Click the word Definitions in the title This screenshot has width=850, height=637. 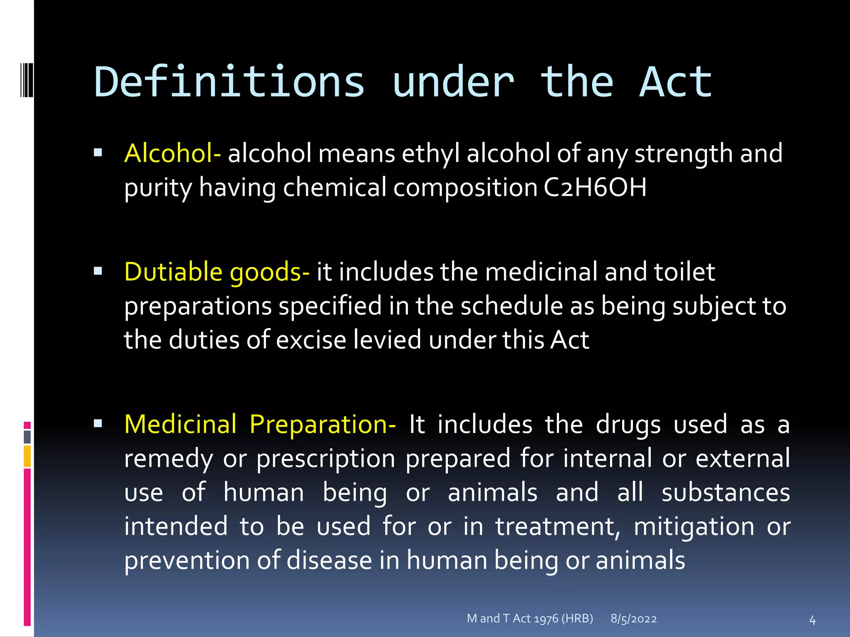click(229, 82)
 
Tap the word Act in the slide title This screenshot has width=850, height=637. click(675, 82)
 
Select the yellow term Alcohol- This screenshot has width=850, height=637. click(172, 153)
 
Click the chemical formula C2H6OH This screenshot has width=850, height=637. click(595, 187)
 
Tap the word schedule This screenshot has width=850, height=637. click(511, 306)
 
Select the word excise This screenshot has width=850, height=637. click(311, 340)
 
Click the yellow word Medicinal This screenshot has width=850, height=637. click(180, 425)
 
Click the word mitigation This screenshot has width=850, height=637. click(694, 527)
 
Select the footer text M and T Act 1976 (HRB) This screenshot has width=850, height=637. click(530, 618)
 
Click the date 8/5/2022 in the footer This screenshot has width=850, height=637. click(633, 619)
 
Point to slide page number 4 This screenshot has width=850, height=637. click(812, 620)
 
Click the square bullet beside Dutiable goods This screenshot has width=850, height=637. click(98, 271)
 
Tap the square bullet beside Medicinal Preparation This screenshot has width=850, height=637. click(98, 423)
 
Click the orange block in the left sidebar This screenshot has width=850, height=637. click(27, 456)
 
